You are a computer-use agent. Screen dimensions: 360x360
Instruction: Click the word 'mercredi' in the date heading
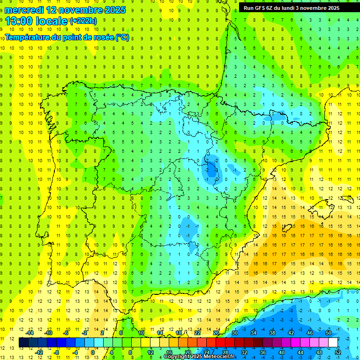click(24, 10)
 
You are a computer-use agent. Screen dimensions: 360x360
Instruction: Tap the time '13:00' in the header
click(19, 21)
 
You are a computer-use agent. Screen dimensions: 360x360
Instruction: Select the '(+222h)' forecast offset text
click(83, 21)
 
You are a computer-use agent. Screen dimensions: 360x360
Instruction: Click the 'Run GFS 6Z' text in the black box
click(261, 8)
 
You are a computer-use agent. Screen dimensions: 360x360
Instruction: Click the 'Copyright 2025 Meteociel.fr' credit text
click(199, 357)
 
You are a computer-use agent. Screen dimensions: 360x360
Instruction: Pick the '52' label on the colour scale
click(338, 352)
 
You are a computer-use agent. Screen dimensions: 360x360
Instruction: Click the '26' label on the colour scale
click(216, 333)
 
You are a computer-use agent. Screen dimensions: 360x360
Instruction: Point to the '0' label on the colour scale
click(93, 352)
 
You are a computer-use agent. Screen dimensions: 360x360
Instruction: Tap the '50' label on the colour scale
click(329, 333)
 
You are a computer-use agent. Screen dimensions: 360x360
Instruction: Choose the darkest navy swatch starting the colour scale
click(23, 343)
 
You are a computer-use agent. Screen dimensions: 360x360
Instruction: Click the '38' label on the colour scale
click(272, 333)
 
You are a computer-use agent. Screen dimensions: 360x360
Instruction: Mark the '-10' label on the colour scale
click(48, 333)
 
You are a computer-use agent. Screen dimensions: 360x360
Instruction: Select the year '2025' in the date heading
click(114, 10)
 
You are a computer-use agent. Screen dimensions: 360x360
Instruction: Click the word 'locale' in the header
click(52, 21)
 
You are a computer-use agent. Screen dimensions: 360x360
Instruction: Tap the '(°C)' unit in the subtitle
click(122, 37)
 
